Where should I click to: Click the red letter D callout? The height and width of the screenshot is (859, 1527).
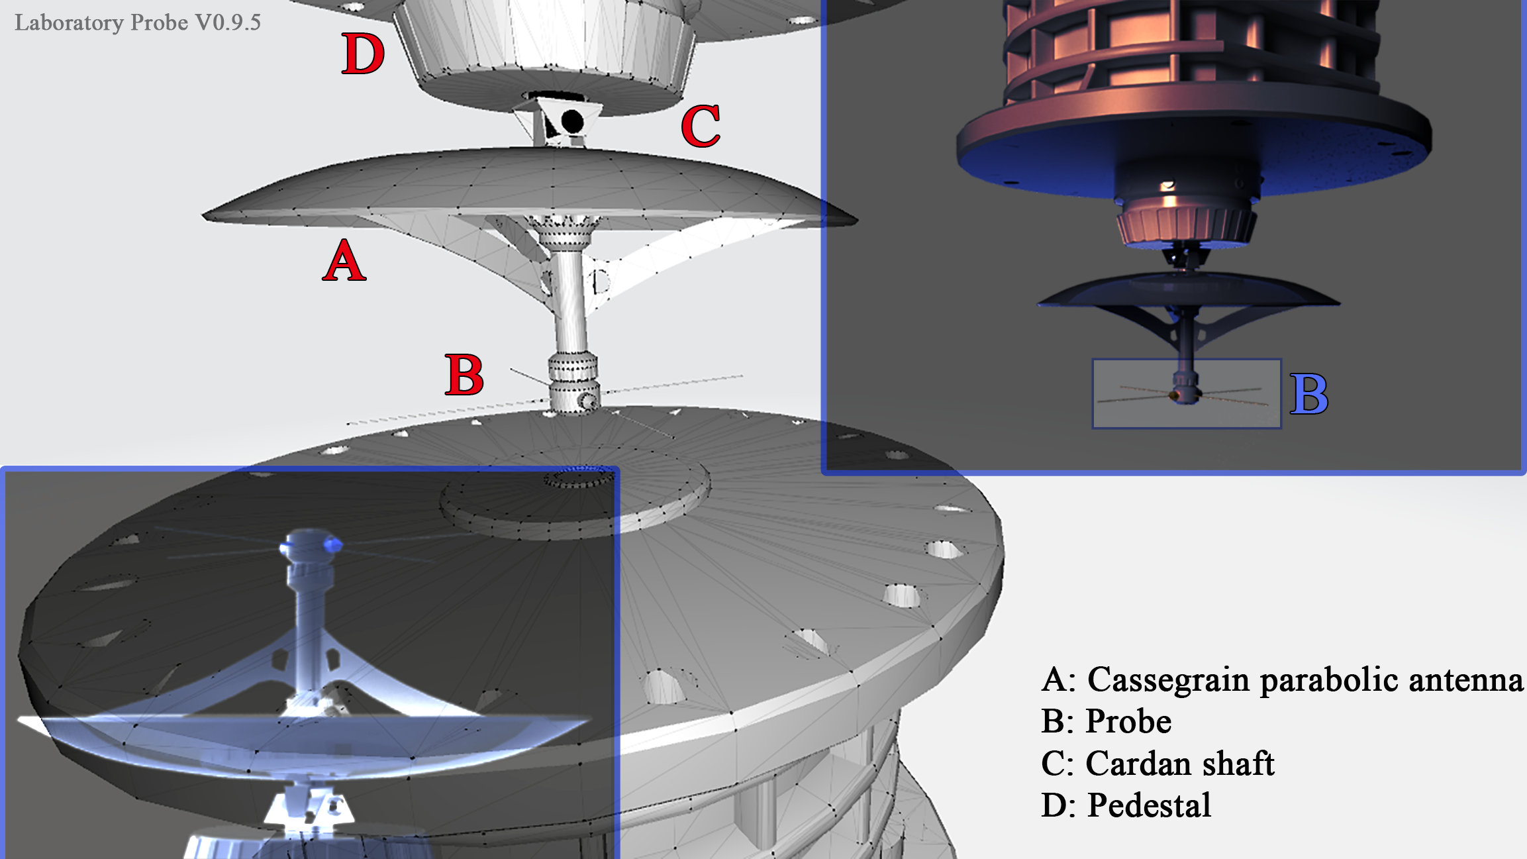point(363,54)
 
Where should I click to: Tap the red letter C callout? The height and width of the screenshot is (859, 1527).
point(701,126)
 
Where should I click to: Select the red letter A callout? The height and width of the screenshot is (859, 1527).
point(344,260)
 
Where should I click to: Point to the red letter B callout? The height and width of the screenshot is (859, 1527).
point(464,374)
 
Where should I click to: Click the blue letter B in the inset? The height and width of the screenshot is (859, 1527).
point(1309,394)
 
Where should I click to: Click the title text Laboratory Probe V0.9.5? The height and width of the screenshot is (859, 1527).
point(138,23)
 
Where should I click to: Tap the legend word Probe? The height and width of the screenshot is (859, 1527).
point(1128,721)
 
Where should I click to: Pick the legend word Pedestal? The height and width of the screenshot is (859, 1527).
point(1149,806)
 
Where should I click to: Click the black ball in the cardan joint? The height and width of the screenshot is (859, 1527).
point(572,122)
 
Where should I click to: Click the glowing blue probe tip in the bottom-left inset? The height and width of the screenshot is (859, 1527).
point(333,545)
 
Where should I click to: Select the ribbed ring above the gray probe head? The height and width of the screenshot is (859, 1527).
point(573,366)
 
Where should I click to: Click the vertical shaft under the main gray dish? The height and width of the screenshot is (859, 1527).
point(570,298)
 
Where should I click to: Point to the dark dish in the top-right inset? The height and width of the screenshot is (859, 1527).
point(1189,291)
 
